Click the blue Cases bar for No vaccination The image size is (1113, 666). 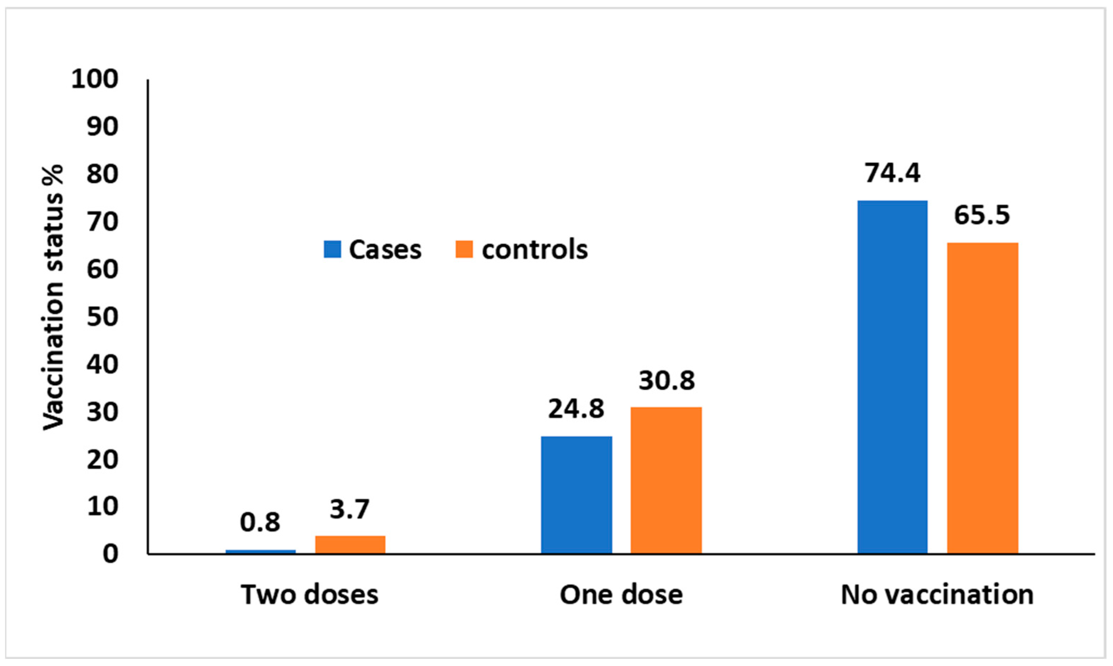coord(892,377)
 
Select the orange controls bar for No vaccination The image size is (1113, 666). coord(982,398)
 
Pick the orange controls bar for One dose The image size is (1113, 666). coord(666,480)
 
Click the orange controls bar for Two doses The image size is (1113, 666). coord(350,544)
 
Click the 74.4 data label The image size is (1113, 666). coord(892,173)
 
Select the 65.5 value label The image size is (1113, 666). coord(981,215)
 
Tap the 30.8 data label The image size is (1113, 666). coord(666,381)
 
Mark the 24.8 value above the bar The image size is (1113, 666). coord(576,409)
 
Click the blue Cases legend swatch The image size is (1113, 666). coord(333,249)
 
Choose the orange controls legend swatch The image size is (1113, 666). coord(464,249)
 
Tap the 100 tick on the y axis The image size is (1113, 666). coord(95,79)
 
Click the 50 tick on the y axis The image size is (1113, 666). coord(102,317)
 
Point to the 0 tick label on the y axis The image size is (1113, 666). coord(110,554)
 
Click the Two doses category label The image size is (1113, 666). coord(309,594)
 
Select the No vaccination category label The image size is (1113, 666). coord(937,594)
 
